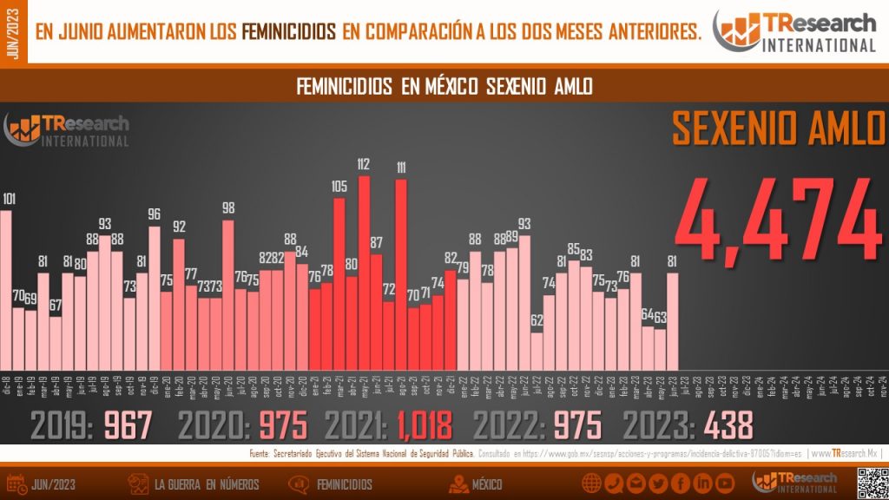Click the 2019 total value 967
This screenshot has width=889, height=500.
pos(128,425)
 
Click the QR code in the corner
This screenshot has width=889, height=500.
pos(871,483)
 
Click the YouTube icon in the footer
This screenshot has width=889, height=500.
pos(726,484)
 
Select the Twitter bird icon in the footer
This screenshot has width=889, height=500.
pos(658,484)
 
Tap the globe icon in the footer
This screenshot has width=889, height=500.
pos(592,484)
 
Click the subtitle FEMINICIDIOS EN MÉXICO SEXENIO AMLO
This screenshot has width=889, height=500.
pos(444,87)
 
